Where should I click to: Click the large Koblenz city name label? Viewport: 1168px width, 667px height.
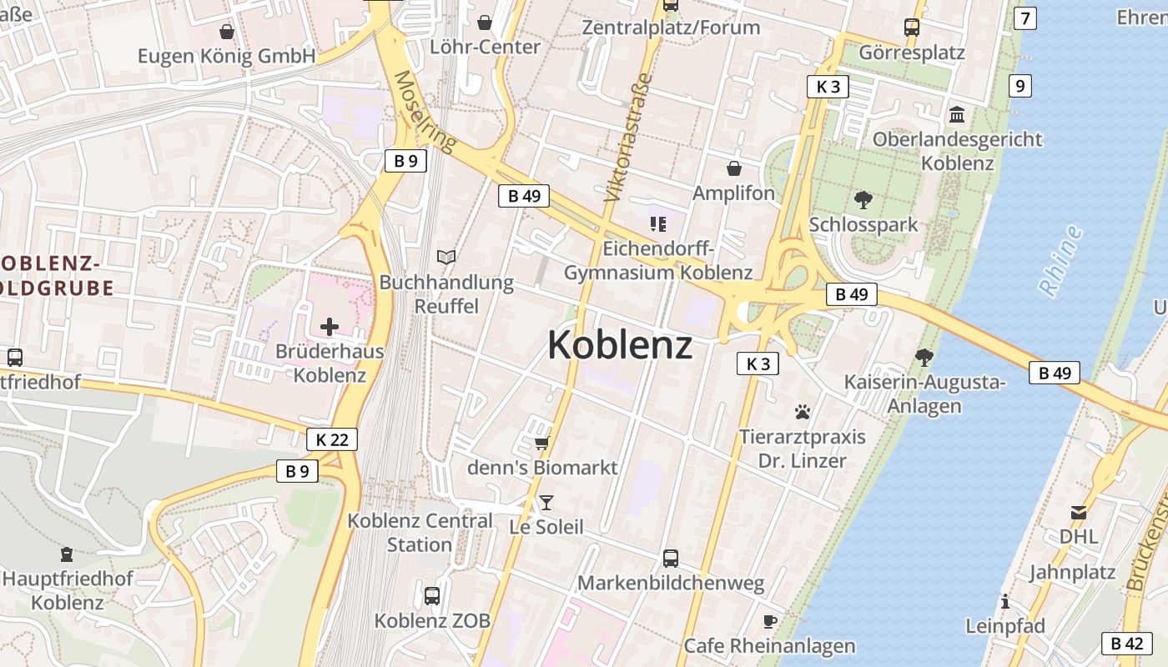click(x=620, y=344)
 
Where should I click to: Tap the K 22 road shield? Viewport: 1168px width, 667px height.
click(x=332, y=439)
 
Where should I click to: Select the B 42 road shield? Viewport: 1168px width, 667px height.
click(x=1127, y=643)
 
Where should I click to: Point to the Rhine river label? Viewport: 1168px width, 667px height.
click(x=1061, y=260)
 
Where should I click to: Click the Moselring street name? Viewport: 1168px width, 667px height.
click(x=425, y=112)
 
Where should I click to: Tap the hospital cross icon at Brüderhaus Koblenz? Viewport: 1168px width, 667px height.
click(x=330, y=326)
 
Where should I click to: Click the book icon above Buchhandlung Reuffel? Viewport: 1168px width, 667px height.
click(x=447, y=257)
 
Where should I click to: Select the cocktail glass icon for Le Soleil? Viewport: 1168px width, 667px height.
click(x=546, y=501)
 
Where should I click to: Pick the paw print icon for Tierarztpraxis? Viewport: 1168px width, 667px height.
click(x=803, y=411)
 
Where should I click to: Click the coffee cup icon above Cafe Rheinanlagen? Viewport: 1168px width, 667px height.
click(x=769, y=621)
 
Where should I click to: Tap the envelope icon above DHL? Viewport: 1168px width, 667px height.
click(x=1079, y=512)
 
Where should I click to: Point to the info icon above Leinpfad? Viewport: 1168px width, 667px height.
click(x=1005, y=601)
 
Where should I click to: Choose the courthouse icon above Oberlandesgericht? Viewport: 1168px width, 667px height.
click(x=957, y=113)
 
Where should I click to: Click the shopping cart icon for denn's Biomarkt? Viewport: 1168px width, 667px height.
click(x=541, y=443)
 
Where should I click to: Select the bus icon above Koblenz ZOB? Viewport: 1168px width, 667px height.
click(x=431, y=596)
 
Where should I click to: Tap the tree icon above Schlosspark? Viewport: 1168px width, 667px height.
click(x=863, y=200)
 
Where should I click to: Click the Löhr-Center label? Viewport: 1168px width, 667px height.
click(x=485, y=47)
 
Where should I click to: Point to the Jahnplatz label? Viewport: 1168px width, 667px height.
click(x=1072, y=573)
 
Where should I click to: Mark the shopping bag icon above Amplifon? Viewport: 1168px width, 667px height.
click(x=734, y=168)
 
